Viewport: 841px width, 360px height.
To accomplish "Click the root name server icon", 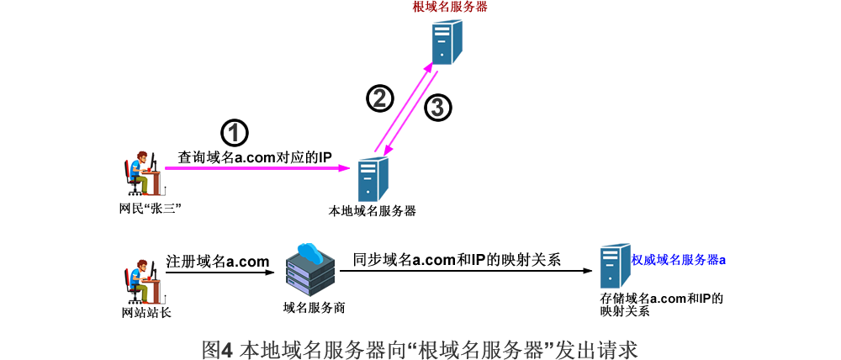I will click(x=447, y=42).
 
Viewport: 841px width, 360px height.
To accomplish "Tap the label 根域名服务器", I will click(x=450, y=7).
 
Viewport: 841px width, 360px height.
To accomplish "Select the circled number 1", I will click(x=235, y=133).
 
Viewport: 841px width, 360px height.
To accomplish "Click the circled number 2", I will click(x=379, y=98).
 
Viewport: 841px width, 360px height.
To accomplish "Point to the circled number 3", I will click(x=437, y=108).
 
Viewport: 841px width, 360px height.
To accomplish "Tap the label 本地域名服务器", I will click(x=372, y=210).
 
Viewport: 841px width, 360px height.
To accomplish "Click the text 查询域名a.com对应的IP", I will click(x=255, y=157).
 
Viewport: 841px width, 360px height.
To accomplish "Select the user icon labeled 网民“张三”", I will click(x=141, y=174).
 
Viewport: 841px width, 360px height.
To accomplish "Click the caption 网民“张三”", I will click(x=151, y=207).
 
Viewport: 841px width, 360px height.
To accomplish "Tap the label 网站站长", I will click(x=146, y=313).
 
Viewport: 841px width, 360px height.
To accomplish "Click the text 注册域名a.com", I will click(x=218, y=261).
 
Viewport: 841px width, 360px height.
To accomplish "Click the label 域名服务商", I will click(x=315, y=308).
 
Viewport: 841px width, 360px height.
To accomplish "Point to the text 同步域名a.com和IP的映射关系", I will click(x=457, y=260).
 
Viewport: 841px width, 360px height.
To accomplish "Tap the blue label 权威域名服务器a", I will click(x=679, y=261).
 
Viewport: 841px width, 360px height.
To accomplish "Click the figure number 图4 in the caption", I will click(x=217, y=347).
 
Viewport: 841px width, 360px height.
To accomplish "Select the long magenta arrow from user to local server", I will click(x=261, y=169).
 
